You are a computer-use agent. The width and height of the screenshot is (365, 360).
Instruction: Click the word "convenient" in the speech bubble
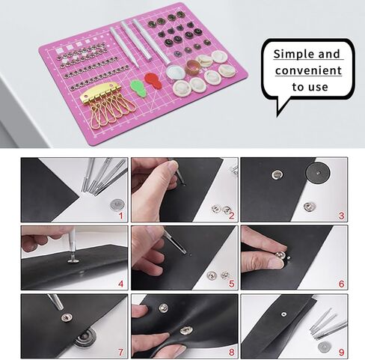tap(308, 71)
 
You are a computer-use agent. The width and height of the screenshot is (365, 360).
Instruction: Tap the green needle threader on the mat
tap(137, 85)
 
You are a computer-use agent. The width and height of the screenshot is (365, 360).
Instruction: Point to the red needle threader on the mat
tap(150, 82)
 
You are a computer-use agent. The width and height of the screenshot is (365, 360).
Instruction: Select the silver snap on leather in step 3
tap(276, 175)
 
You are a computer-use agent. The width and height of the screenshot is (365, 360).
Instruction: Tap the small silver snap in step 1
tap(116, 203)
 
